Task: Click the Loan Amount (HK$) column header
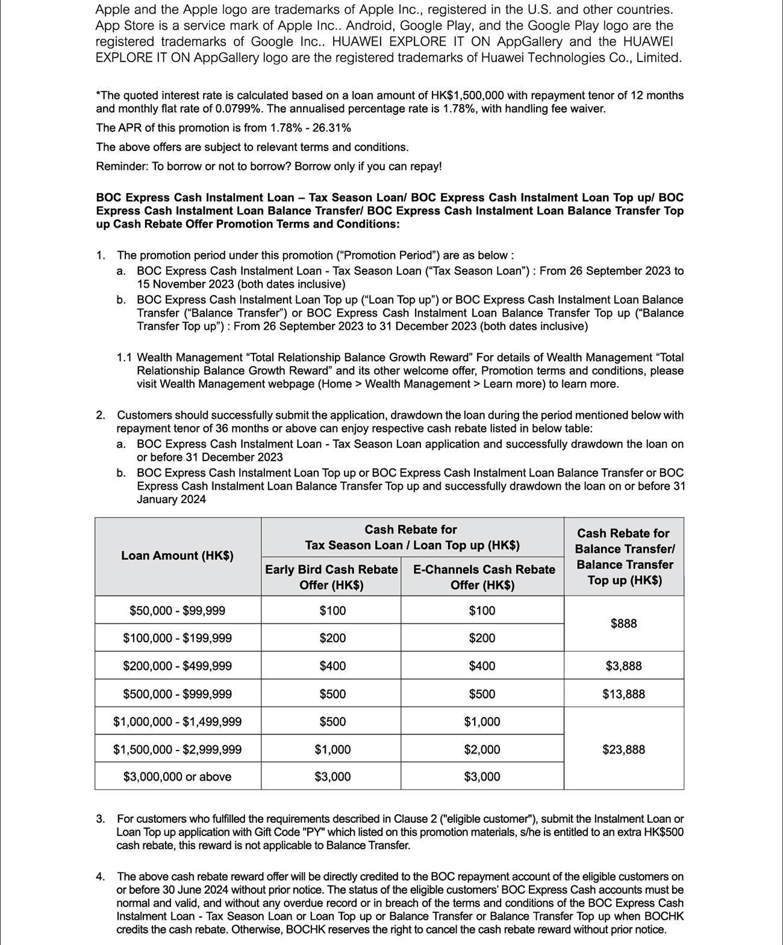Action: [x=177, y=556]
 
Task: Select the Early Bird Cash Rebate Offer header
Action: [x=331, y=577]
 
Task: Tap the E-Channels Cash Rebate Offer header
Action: [x=483, y=577]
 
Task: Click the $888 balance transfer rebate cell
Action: [x=623, y=624]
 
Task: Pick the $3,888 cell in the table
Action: [x=623, y=666]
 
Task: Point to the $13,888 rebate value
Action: [x=623, y=694]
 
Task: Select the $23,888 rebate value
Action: [x=623, y=749]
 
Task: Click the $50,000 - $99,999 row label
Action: [x=177, y=611]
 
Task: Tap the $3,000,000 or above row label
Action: [x=177, y=777]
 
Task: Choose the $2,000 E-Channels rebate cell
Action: [x=482, y=749]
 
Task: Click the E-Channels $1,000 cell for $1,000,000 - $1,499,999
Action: [x=482, y=722]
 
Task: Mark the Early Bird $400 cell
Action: [x=332, y=666]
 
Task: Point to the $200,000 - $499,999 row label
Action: [x=177, y=666]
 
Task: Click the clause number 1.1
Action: [x=125, y=358]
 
